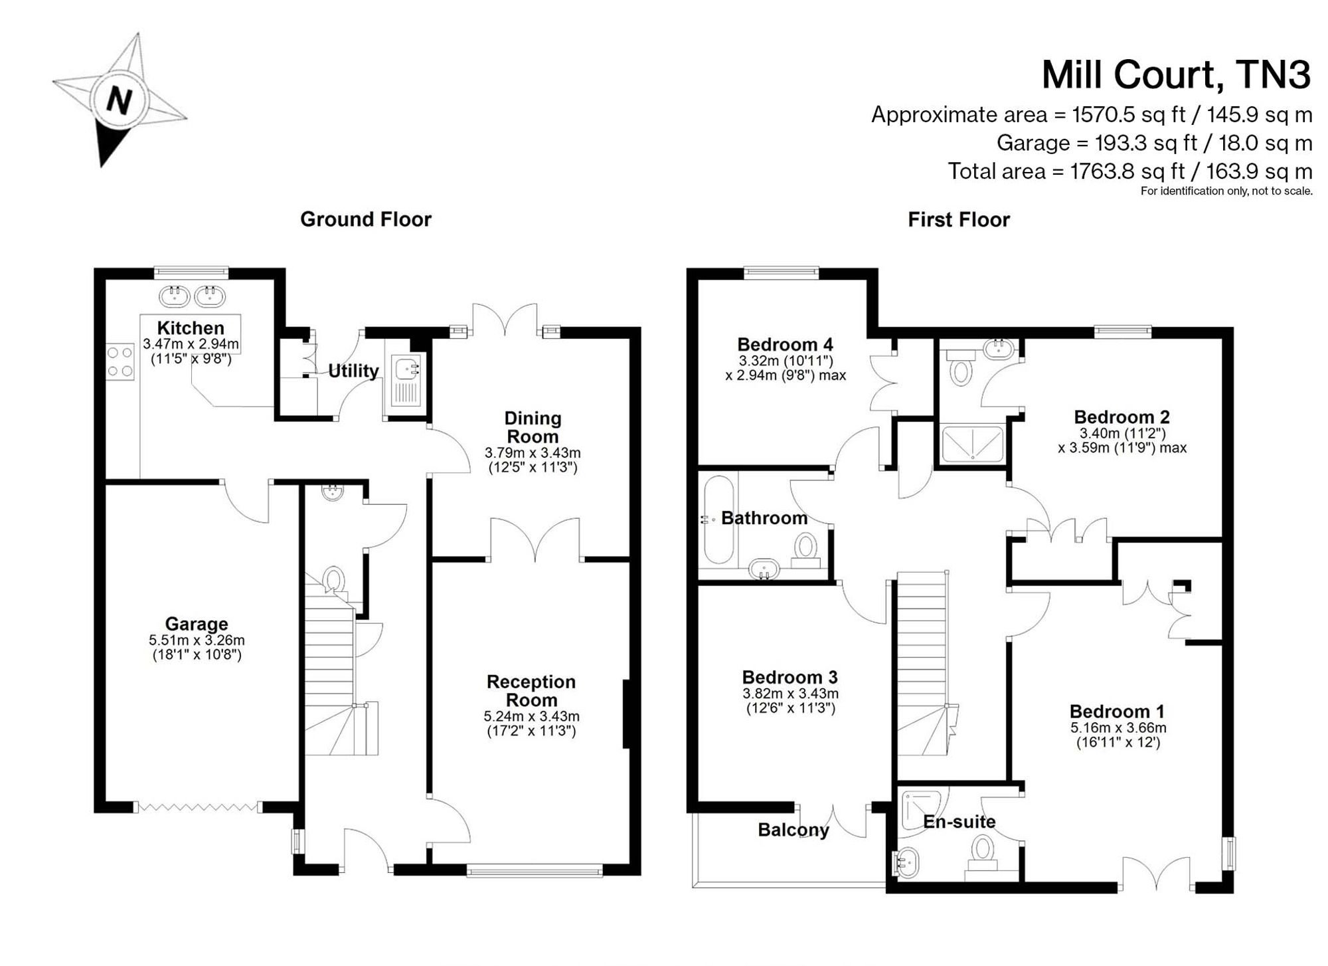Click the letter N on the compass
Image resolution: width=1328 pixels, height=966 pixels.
(120, 102)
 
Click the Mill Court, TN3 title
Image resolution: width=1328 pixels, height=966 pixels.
(1176, 74)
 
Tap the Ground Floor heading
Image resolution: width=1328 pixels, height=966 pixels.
(366, 219)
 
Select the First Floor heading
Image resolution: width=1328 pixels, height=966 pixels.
(959, 220)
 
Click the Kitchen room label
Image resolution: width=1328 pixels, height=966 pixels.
(191, 328)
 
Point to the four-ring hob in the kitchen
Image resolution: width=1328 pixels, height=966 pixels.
(120, 362)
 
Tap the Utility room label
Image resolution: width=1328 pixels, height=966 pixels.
(353, 371)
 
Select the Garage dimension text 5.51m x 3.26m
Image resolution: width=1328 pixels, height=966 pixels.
(197, 640)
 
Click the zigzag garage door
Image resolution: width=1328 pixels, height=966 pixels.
(197, 807)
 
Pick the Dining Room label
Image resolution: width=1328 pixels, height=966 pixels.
(533, 427)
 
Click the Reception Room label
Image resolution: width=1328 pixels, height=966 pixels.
(531, 691)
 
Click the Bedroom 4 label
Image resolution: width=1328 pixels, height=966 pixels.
(785, 345)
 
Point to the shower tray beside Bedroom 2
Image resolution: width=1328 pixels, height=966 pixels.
(973, 443)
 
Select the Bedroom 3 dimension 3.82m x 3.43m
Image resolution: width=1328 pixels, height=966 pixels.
(790, 694)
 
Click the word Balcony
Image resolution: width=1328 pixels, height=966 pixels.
(793, 830)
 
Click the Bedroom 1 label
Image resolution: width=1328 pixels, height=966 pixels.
(1117, 712)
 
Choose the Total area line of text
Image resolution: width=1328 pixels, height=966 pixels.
(1129, 171)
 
